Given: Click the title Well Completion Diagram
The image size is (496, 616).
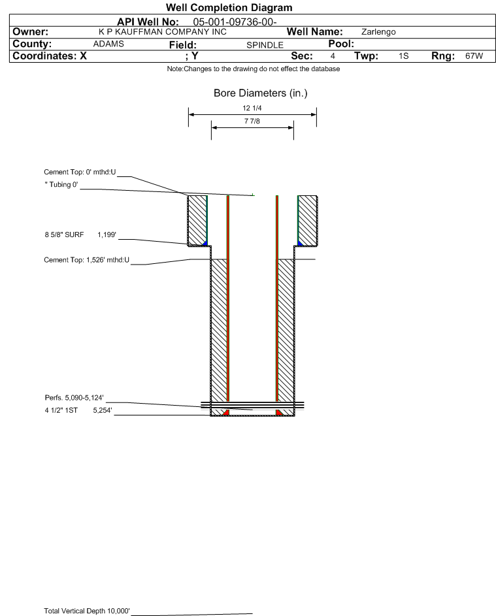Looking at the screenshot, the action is click(x=229, y=7).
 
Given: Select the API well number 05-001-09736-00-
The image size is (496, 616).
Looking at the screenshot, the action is click(x=235, y=22).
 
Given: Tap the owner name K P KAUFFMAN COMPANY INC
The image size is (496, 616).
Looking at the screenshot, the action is click(x=163, y=32).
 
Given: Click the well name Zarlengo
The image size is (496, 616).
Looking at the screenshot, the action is click(x=378, y=32).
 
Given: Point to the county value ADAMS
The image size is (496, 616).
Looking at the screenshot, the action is click(x=108, y=44).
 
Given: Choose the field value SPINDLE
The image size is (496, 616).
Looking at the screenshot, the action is click(x=265, y=45).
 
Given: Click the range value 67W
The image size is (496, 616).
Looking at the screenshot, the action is click(x=474, y=56).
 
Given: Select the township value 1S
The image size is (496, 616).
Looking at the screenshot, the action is click(x=404, y=56).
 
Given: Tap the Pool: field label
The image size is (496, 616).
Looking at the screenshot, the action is click(x=341, y=44).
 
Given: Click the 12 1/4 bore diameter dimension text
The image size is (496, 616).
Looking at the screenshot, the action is click(x=252, y=108).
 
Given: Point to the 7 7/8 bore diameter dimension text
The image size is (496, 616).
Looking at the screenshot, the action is click(x=252, y=121).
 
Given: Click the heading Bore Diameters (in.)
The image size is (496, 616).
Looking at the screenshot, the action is click(x=261, y=93).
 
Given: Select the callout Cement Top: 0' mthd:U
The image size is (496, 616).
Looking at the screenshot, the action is click(x=80, y=172).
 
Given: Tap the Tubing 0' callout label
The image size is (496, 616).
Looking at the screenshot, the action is click(x=61, y=185).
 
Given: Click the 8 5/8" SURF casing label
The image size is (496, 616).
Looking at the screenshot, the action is click(x=64, y=235).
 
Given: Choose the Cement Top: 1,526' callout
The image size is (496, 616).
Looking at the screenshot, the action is click(x=86, y=260).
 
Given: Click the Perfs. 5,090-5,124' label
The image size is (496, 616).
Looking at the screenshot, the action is click(x=74, y=398).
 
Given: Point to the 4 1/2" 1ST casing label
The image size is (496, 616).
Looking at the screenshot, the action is click(x=61, y=410).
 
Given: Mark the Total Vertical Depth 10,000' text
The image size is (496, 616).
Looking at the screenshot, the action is click(x=87, y=611).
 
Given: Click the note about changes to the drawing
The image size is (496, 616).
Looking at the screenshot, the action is click(x=254, y=69).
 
